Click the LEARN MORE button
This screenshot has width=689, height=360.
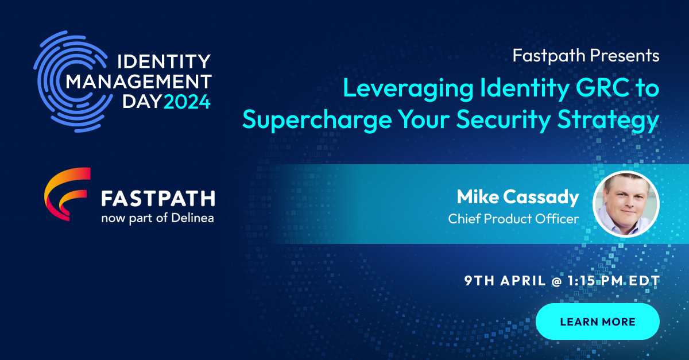coord(597,322)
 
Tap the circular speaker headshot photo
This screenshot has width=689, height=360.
coord(626,204)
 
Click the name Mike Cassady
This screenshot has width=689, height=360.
coord(517,198)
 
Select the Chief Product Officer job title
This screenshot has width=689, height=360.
coord(513,219)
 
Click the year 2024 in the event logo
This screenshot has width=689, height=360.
coord(187,103)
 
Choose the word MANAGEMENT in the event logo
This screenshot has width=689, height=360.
coord(139,82)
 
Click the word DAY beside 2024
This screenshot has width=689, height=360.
coord(142,103)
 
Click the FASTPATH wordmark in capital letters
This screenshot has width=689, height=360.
coord(158,199)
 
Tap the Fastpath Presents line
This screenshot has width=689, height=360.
coord(586,56)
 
